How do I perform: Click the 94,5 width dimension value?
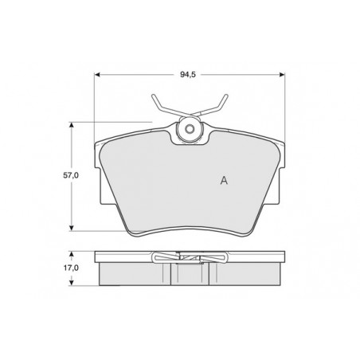point(188,75)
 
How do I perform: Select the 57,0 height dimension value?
point(71,175)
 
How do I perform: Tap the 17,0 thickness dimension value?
point(71,268)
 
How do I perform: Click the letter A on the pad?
point(224,181)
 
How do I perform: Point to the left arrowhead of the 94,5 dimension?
point(97,75)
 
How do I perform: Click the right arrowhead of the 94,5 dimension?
point(282,75)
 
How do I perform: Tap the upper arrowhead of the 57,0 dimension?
point(71,125)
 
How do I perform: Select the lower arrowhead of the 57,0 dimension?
point(71,228)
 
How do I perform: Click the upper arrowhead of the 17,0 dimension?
point(71,254)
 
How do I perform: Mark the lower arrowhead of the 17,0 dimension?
point(71,283)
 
